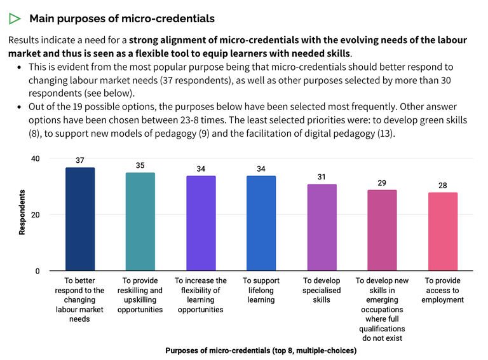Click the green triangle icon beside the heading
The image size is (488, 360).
[16, 18]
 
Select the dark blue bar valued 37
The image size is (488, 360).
[80, 219]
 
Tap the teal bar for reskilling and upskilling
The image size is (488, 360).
[140, 222]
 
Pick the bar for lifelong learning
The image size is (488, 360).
[261, 223]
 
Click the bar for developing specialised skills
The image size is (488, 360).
[322, 228]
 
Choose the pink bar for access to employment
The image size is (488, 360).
[442, 232]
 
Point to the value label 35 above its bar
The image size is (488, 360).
[140, 165]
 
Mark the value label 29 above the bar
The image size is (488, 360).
[382, 183]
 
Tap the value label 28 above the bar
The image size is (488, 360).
[442, 185]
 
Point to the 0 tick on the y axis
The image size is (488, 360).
[37, 272]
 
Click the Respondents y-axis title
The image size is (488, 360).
[22, 212]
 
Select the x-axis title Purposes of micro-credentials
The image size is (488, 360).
[261, 350]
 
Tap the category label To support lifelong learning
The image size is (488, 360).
[261, 290]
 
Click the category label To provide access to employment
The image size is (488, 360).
[442, 290]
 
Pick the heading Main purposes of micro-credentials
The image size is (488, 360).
[122, 18]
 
